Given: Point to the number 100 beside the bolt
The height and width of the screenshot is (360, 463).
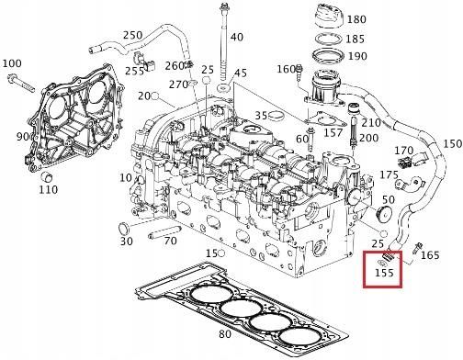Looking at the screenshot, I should [x=12, y=63].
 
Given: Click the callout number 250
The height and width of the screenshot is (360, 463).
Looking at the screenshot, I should [x=133, y=36].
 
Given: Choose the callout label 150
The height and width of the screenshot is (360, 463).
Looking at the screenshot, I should [x=452, y=144].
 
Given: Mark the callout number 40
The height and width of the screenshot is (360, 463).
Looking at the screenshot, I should [x=237, y=37].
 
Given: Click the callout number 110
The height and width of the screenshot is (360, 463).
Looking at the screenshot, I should [x=49, y=190].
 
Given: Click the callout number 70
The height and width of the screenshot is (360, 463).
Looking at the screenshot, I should [x=170, y=242].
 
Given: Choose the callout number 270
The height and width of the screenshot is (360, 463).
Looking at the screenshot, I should [x=178, y=84].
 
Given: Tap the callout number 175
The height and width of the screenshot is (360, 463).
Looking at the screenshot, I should [x=390, y=174].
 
